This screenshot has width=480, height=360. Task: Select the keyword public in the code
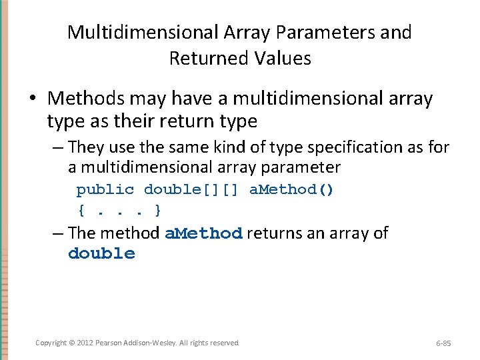tap(105, 190)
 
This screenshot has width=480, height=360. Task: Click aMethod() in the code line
tap(291, 190)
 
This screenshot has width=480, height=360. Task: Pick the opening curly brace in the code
tap(81, 211)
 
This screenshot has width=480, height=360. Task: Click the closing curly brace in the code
tap(157, 211)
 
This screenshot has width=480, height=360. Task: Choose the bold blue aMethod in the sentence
tap(203, 234)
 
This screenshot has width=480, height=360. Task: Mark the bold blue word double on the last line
tap(101, 254)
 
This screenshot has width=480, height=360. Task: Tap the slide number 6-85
tap(443, 343)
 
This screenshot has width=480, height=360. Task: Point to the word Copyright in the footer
tap(51, 343)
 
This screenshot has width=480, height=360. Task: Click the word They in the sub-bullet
tap(85, 146)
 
